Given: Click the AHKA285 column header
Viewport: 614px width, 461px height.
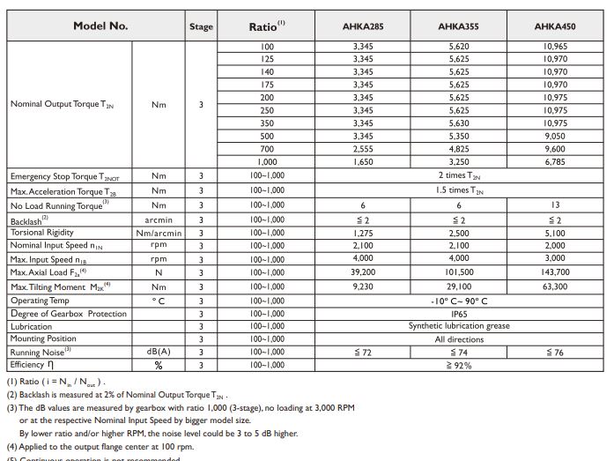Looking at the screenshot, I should (363, 26).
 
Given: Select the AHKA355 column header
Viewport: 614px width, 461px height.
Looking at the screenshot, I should (458, 26).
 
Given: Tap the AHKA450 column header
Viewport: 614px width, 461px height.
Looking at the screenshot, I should (555, 26).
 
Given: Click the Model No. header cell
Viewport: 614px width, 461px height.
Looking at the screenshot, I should (100, 26).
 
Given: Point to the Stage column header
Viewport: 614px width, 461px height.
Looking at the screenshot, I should (201, 27).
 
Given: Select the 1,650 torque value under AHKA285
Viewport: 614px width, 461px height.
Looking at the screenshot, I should (363, 162).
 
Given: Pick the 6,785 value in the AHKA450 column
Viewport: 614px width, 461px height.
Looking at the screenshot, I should (555, 162).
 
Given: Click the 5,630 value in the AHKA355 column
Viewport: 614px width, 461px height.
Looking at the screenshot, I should (459, 123).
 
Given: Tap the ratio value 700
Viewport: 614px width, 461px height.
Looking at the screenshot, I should (267, 150).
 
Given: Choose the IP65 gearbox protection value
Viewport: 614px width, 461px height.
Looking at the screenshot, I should (459, 314).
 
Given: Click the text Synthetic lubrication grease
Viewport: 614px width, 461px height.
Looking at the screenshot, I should (459, 326).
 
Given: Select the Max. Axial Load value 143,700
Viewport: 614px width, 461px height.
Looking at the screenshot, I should (555, 272).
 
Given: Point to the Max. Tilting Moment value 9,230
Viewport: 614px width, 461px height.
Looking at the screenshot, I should (363, 286).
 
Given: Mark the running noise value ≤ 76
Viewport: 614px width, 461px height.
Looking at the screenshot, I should (555, 353).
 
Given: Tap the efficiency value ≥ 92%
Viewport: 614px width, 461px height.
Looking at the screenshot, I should (459, 365).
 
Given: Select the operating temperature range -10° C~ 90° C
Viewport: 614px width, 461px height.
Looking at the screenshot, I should (459, 301).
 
